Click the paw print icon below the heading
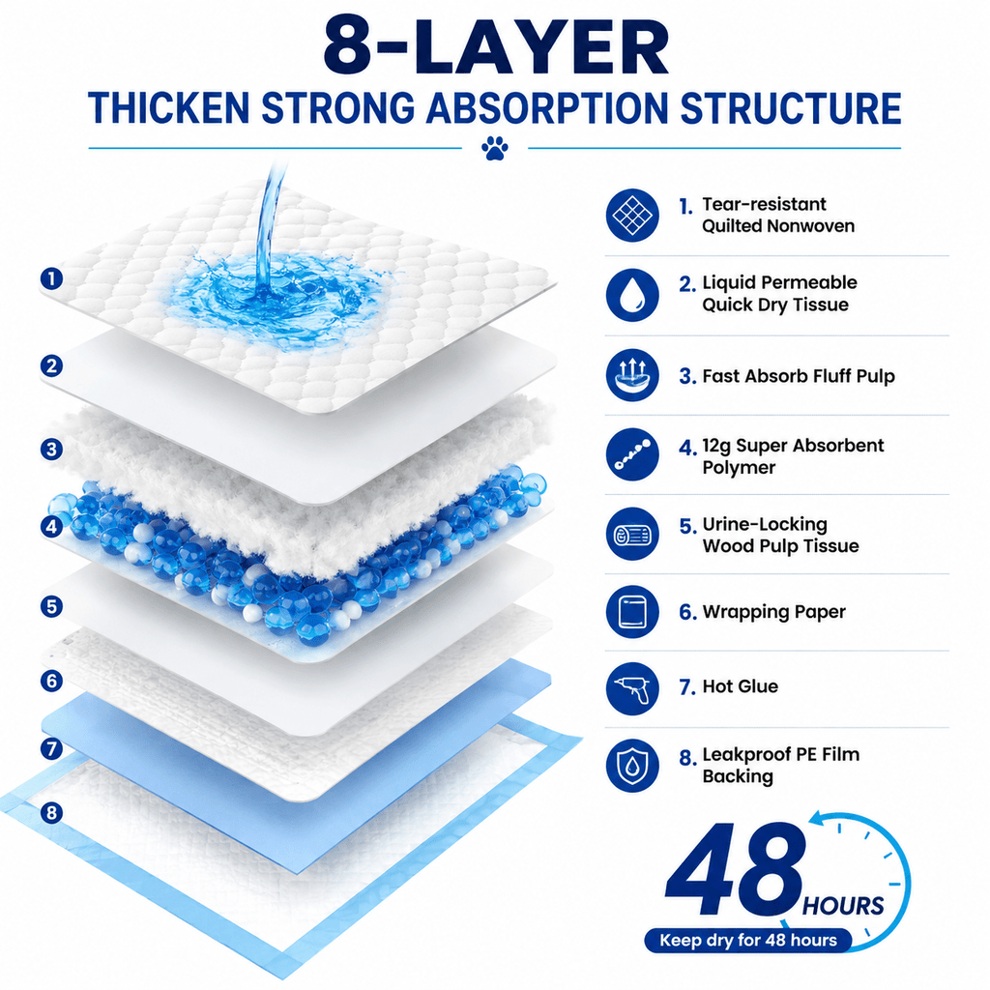(x=495, y=148)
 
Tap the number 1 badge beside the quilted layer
(x=52, y=278)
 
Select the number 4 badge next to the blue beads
(x=52, y=526)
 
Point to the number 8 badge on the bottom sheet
(x=52, y=812)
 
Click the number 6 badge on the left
(x=52, y=681)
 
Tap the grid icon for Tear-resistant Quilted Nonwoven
(x=632, y=215)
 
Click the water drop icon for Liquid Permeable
(x=632, y=295)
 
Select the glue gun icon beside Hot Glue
(x=632, y=688)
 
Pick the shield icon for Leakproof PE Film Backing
(x=632, y=766)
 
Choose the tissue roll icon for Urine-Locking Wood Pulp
(x=632, y=534)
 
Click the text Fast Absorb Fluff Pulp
(x=798, y=376)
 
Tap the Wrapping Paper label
(x=773, y=612)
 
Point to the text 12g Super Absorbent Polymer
(x=793, y=456)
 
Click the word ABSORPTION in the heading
(x=547, y=108)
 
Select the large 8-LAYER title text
(x=496, y=45)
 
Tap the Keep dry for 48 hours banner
(x=747, y=940)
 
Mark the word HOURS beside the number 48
(x=842, y=906)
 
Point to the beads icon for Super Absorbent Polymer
(x=632, y=454)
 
